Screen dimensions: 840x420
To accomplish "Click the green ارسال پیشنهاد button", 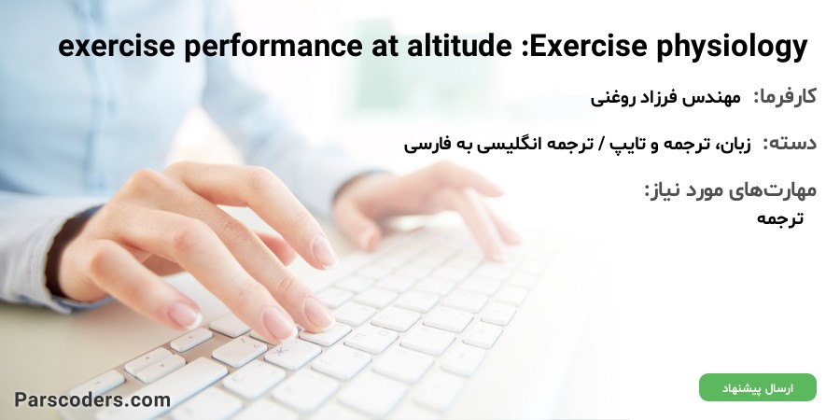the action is point(758,387).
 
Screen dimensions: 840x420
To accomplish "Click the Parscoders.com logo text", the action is point(92,399).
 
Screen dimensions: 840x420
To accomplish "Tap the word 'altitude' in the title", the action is point(459,46).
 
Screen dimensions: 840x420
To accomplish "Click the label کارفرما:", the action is point(785,97).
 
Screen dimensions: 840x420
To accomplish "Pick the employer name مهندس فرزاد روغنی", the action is point(665,98).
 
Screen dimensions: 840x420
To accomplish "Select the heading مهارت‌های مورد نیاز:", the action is point(730,190).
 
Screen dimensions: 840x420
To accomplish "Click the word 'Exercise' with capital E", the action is point(589,46).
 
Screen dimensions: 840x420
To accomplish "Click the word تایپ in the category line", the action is point(628,145).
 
